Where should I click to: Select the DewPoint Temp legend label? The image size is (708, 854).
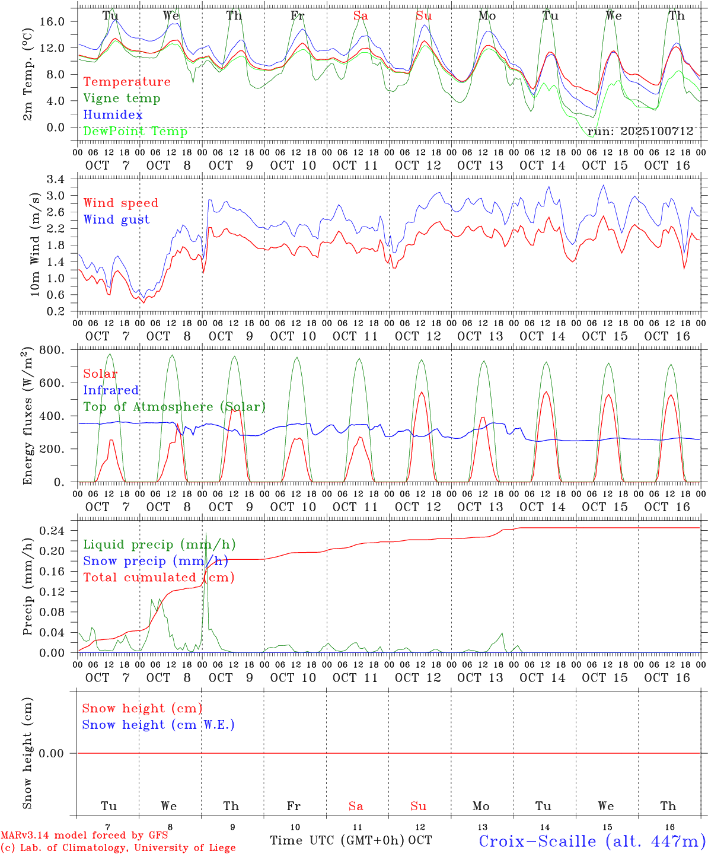tap(135, 131)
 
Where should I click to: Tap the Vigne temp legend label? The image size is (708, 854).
tap(122, 98)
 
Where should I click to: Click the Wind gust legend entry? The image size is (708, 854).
tap(116, 219)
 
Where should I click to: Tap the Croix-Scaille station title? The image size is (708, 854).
tap(592, 840)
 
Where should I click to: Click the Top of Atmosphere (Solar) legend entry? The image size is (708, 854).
tap(174, 407)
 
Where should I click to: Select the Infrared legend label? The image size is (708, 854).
tap(111, 390)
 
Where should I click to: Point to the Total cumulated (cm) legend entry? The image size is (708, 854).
tap(158, 577)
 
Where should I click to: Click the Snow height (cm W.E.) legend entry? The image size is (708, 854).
tap(158, 725)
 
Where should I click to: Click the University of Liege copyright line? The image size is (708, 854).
tap(118, 848)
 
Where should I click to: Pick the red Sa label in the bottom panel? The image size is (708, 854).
tap(356, 806)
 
